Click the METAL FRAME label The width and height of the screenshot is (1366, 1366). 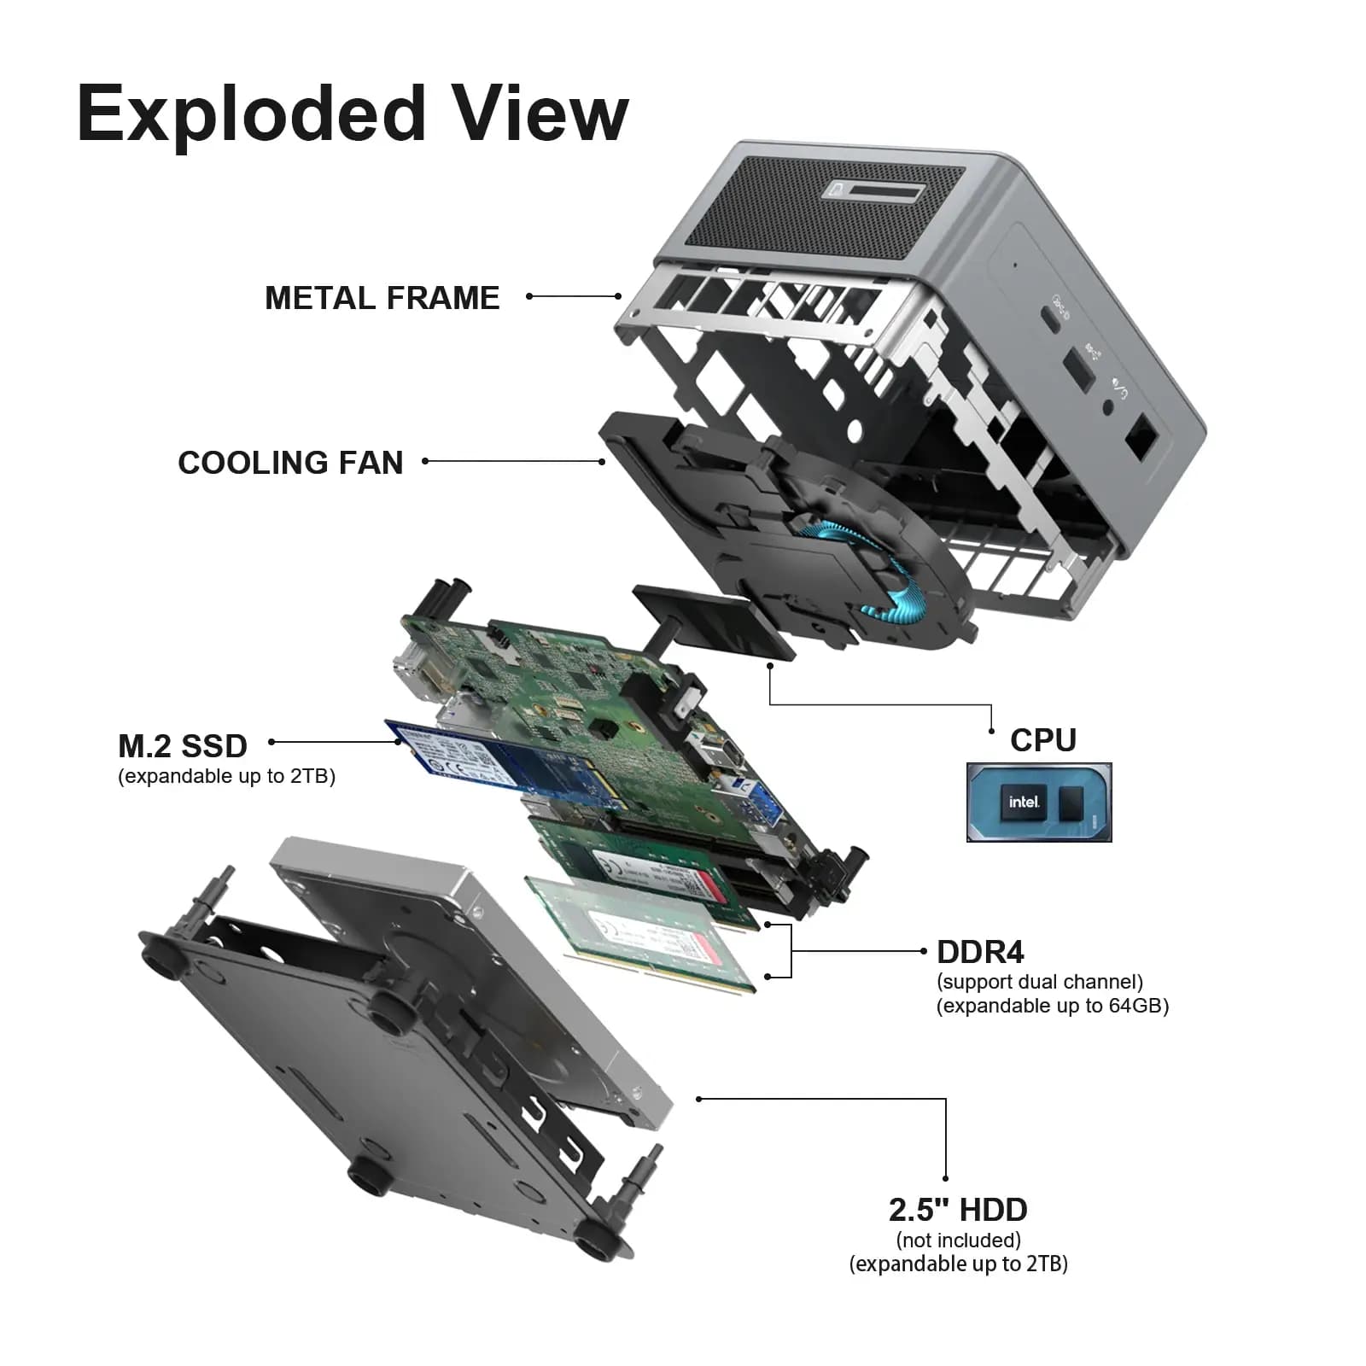[x=382, y=298]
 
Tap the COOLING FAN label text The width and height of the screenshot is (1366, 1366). [x=290, y=463]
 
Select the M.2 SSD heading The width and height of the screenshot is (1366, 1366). [x=183, y=746]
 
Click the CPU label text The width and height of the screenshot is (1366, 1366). [x=1042, y=739]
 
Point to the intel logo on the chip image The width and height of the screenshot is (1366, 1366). [x=1023, y=802]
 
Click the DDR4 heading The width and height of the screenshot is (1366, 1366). [x=979, y=952]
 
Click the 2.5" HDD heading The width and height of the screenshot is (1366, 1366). [x=957, y=1210]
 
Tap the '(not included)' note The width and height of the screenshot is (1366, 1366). [x=958, y=1240]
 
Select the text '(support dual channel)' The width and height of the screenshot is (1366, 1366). [x=1039, y=982]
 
